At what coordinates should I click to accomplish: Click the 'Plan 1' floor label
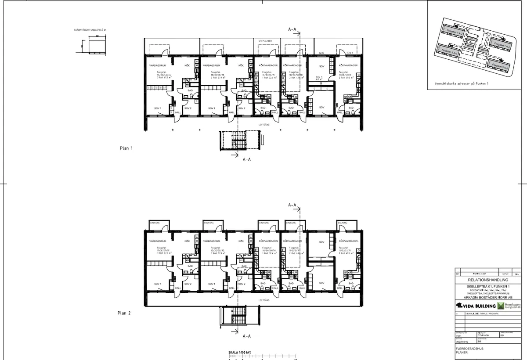(x=126, y=148)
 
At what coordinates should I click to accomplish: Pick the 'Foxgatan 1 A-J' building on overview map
(x=501, y=45)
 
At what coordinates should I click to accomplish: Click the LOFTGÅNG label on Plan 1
(x=263, y=124)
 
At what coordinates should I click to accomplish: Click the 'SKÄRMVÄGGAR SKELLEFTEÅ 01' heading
(x=90, y=30)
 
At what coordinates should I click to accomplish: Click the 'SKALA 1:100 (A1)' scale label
(x=239, y=353)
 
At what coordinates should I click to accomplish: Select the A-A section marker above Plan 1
(x=293, y=29)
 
